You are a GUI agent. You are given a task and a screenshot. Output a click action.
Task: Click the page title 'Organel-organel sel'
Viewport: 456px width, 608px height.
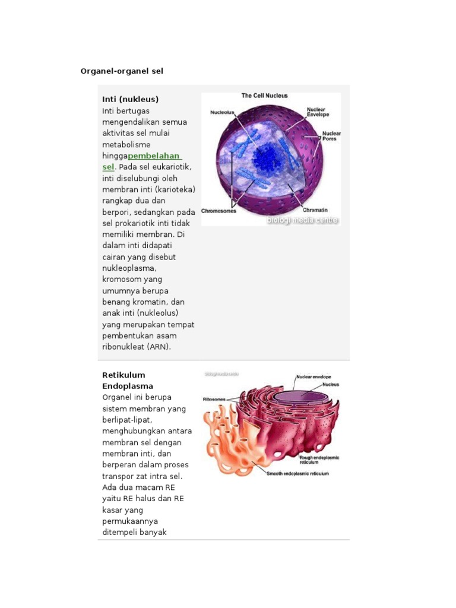pyautogui.click(x=122, y=71)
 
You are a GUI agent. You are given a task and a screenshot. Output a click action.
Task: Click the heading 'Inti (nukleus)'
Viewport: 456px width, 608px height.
pyautogui.click(x=131, y=99)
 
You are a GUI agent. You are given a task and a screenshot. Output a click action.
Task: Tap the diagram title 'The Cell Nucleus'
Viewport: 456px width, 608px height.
pyautogui.click(x=264, y=96)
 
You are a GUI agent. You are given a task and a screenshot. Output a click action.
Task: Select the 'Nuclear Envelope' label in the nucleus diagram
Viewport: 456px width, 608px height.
pyautogui.click(x=318, y=112)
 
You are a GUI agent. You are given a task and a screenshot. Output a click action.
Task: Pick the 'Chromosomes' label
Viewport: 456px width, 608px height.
pyautogui.click(x=218, y=211)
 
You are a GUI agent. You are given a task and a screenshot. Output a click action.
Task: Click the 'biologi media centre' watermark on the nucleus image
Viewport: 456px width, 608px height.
pyautogui.click(x=302, y=220)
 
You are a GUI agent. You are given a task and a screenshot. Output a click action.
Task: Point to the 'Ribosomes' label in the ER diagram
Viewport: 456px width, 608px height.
pyautogui.click(x=214, y=400)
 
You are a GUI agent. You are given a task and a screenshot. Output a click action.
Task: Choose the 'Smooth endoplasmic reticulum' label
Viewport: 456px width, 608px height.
pyautogui.click(x=297, y=474)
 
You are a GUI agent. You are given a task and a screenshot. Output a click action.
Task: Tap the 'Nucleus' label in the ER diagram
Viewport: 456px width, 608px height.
pyautogui.click(x=331, y=384)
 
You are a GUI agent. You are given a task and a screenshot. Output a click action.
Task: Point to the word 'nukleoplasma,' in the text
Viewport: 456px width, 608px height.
pyautogui.click(x=129, y=268)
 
